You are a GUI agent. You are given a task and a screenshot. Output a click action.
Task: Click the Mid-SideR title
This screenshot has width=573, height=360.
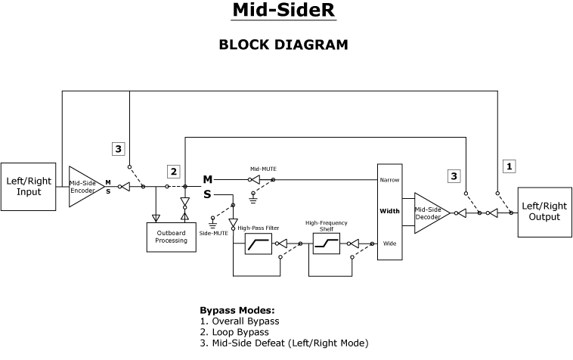pyautogui.click(x=283, y=10)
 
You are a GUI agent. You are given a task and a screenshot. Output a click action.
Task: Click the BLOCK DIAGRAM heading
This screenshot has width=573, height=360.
pyautogui.click(x=283, y=45)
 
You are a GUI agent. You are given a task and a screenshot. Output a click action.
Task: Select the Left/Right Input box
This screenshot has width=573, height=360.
pyautogui.click(x=29, y=186)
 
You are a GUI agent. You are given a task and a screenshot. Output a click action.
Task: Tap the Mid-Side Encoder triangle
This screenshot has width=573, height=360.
pyautogui.click(x=83, y=186)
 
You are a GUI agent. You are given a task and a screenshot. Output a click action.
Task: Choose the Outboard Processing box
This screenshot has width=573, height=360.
pyautogui.click(x=171, y=237)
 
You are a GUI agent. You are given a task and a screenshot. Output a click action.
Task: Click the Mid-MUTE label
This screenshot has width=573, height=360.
pyautogui.click(x=262, y=169)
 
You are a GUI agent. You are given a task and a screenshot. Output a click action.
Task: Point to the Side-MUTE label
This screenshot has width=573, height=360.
pyautogui.click(x=213, y=234)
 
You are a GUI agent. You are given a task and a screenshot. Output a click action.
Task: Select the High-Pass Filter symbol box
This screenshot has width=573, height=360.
pyautogui.click(x=259, y=244)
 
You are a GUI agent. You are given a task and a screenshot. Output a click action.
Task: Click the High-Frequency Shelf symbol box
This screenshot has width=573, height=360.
pyautogui.click(x=326, y=244)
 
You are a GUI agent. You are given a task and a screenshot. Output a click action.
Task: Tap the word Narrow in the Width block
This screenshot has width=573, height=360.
pyautogui.click(x=389, y=180)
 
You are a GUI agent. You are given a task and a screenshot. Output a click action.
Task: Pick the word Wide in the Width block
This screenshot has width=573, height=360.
pyautogui.click(x=389, y=244)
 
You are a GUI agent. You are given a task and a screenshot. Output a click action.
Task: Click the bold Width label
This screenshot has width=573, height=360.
pyautogui.click(x=389, y=211)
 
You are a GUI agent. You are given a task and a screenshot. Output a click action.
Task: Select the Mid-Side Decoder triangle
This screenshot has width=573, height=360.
pyautogui.click(x=429, y=213)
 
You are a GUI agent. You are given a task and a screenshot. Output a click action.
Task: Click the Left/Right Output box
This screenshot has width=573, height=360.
pyautogui.click(x=544, y=212)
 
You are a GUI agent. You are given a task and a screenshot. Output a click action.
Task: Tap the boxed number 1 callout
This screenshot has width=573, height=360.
pyautogui.click(x=510, y=166)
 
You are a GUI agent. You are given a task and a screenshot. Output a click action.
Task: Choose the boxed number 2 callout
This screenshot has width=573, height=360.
pyautogui.click(x=173, y=172)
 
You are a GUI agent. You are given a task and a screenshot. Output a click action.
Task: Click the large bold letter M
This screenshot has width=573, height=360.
pyautogui.click(x=207, y=179)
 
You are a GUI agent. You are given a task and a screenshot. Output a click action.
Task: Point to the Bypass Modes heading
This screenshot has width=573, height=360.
pyautogui.click(x=237, y=310)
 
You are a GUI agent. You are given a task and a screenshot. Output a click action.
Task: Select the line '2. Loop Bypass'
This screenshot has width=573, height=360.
pyautogui.click(x=234, y=332)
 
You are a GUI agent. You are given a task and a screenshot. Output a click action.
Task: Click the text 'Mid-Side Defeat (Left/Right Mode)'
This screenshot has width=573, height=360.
pyautogui.click(x=290, y=343)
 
